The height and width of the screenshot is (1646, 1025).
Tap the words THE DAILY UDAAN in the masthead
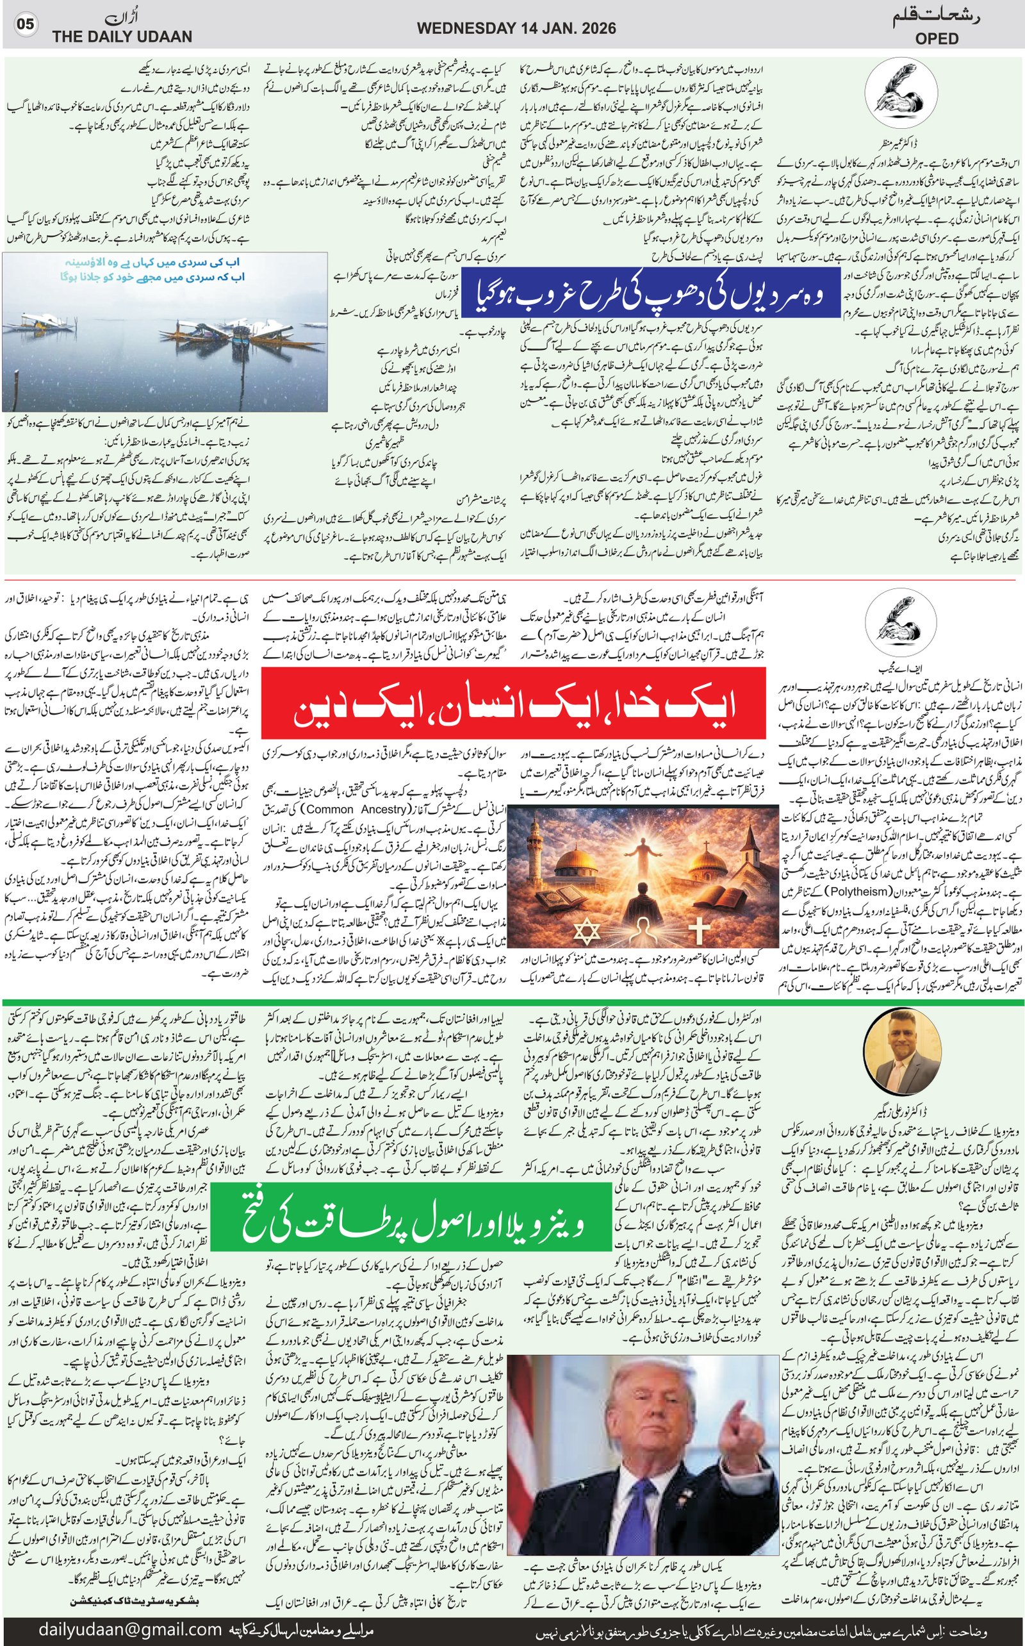tap(122, 37)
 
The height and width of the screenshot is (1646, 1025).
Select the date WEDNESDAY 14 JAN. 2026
tap(516, 28)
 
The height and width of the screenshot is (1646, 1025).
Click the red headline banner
tap(513, 702)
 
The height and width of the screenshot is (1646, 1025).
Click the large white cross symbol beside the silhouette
tap(699, 929)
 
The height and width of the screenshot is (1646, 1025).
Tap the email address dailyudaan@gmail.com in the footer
tap(130, 1630)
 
